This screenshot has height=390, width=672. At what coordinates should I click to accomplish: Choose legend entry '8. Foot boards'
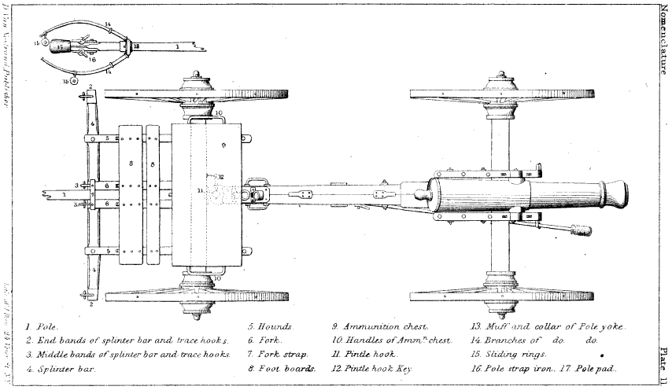281,368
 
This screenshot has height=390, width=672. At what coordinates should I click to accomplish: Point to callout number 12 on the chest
222,176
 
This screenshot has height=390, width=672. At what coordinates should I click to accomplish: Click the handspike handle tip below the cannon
583,231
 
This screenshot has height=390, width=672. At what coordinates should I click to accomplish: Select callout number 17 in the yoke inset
61,46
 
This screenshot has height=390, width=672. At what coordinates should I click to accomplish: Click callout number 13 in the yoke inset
135,46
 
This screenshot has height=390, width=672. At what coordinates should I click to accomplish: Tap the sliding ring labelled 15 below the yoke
74,79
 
